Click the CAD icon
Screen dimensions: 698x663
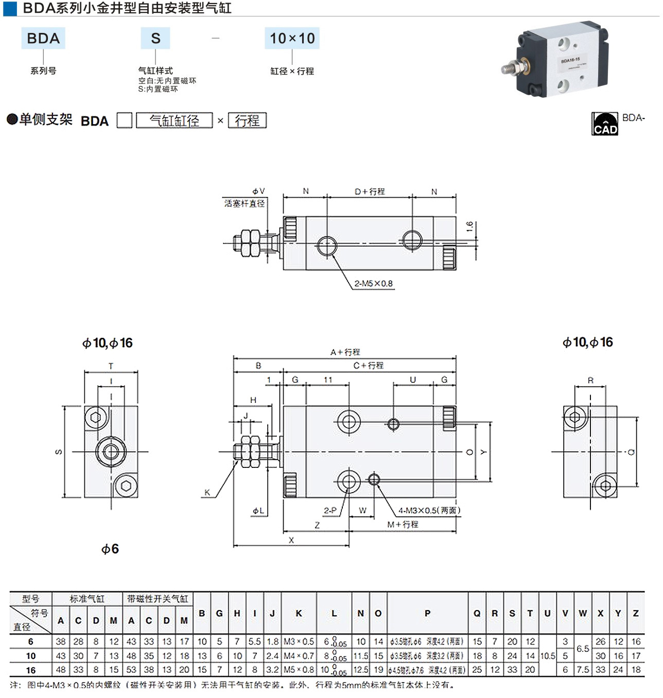pos(604,124)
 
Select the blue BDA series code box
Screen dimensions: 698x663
pos(43,39)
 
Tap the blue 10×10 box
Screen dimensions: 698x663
pos(292,39)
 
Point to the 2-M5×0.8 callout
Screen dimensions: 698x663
pos(373,284)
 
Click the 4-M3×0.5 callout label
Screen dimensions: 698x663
pos(429,511)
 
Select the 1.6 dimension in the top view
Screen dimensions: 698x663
pos(469,227)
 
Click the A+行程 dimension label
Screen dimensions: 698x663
pos(345,352)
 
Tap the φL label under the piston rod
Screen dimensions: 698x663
pos(258,511)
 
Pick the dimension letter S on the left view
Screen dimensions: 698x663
pos(59,452)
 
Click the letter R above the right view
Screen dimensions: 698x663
pos(590,380)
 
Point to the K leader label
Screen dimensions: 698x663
pos(207,493)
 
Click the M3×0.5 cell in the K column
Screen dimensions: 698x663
pos(299,641)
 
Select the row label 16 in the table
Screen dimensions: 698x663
pos(31,670)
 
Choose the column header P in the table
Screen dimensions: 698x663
pos(427,613)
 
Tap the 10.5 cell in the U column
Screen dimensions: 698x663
pos(548,656)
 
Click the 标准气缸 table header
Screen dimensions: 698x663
pos(87,599)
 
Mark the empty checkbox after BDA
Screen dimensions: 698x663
pos(124,121)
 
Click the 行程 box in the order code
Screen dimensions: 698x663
pos(247,121)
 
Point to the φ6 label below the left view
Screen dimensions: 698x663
pos(110,549)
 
